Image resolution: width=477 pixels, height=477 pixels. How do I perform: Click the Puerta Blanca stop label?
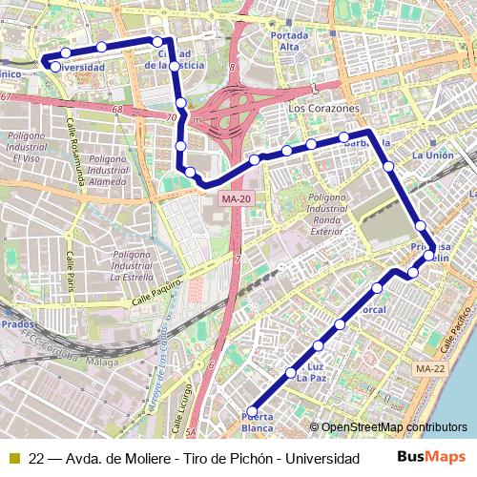[258, 422]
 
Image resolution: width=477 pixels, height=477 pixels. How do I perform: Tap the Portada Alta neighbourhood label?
[290, 41]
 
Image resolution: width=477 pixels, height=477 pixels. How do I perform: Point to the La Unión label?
[432, 155]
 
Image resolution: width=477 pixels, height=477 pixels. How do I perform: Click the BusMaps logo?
[431, 457]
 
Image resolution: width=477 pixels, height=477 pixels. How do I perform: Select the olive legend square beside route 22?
[13, 458]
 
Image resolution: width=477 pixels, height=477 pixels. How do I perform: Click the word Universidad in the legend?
[321, 458]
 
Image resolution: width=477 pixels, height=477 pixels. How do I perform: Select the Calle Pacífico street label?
[458, 338]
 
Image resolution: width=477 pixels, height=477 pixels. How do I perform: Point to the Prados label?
[17, 324]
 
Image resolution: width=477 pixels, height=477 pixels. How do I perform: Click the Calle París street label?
[70, 272]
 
